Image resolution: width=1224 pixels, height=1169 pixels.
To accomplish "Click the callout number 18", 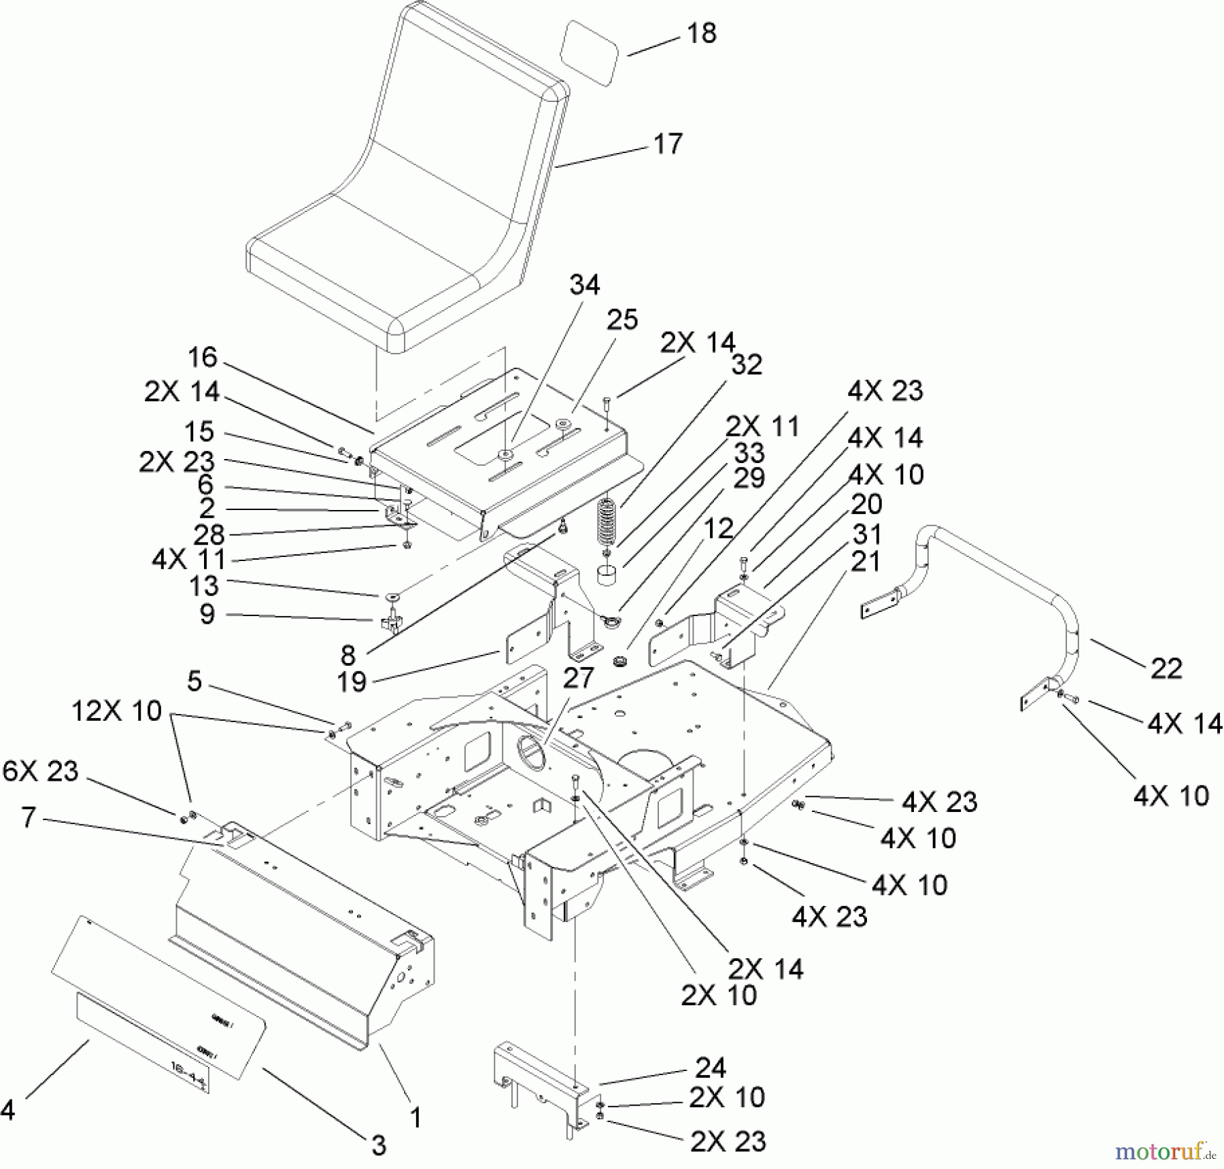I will [702, 33].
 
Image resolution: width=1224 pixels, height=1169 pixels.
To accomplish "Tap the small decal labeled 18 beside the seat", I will [589, 53].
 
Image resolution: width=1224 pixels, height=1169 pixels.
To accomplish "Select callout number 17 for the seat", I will [667, 144].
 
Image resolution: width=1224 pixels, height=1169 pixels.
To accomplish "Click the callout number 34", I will [585, 285].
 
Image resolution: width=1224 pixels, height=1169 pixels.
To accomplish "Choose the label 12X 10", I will [117, 711].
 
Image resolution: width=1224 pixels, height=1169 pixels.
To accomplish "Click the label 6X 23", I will [41, 771].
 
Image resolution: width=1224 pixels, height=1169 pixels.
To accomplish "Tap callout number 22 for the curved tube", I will [1166, 669].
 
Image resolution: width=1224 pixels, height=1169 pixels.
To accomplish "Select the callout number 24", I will [711, 1068].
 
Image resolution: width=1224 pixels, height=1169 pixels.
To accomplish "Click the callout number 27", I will [578, 678].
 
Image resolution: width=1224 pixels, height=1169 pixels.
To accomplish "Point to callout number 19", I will [352, 681].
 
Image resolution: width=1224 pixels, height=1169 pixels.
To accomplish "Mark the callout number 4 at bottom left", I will [7, 1110].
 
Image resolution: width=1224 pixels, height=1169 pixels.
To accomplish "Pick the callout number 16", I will [202, 358].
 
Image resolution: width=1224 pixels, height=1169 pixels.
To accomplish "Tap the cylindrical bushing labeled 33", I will [607, 575].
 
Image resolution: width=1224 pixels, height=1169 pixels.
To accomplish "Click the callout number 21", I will [866, 562].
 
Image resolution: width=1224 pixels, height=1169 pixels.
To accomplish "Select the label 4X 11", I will [188, 560].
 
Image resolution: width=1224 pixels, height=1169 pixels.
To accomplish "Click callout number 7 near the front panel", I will [28, 817].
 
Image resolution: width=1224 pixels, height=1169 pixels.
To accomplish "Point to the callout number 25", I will [622, 320].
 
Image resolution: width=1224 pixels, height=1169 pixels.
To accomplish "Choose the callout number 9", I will [207, 614].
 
